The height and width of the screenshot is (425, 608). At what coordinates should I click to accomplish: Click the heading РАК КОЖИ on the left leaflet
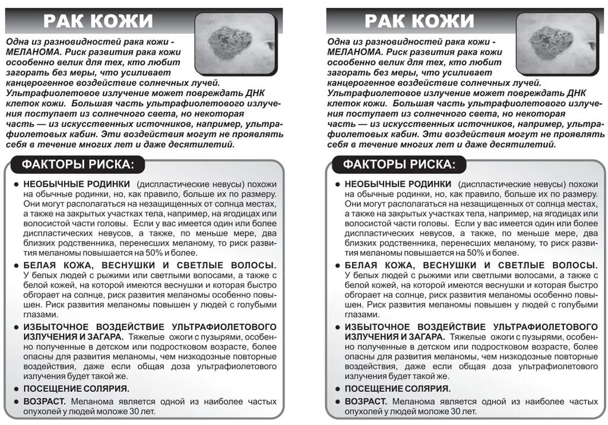(x=98, y=21)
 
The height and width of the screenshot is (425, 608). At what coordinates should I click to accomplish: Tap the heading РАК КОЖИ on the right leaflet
(x=419, y=21)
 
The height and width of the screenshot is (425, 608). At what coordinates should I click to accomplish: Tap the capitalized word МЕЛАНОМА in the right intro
(x=354, y=52)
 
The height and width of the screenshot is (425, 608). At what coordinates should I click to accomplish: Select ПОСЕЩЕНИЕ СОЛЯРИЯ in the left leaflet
(x=76, y=389)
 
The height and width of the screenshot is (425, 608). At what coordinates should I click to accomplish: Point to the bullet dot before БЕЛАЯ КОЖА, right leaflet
(x=337, y=265)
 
